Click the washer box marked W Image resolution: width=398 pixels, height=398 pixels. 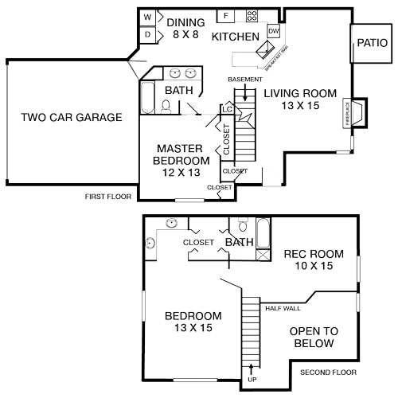click(148, 18)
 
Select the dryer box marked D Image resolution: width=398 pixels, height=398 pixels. click(148, 34)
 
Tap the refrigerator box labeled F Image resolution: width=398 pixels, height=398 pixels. click(225, 16)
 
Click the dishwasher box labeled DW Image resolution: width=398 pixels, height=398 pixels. click(274, 31)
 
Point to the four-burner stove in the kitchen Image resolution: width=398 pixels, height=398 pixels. click(252, 16)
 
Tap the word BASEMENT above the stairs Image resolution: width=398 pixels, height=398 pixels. click(244, 80)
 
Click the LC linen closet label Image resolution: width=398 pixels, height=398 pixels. click(228, 108)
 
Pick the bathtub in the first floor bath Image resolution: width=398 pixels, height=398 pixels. click(147, 99)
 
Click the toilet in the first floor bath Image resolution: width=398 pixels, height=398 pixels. click(166, 107)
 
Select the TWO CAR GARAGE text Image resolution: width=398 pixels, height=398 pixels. click(72, 118)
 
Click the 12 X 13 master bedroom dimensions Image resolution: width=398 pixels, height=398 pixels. click(178, 172)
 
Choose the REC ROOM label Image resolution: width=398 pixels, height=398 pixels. click(314, 254)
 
